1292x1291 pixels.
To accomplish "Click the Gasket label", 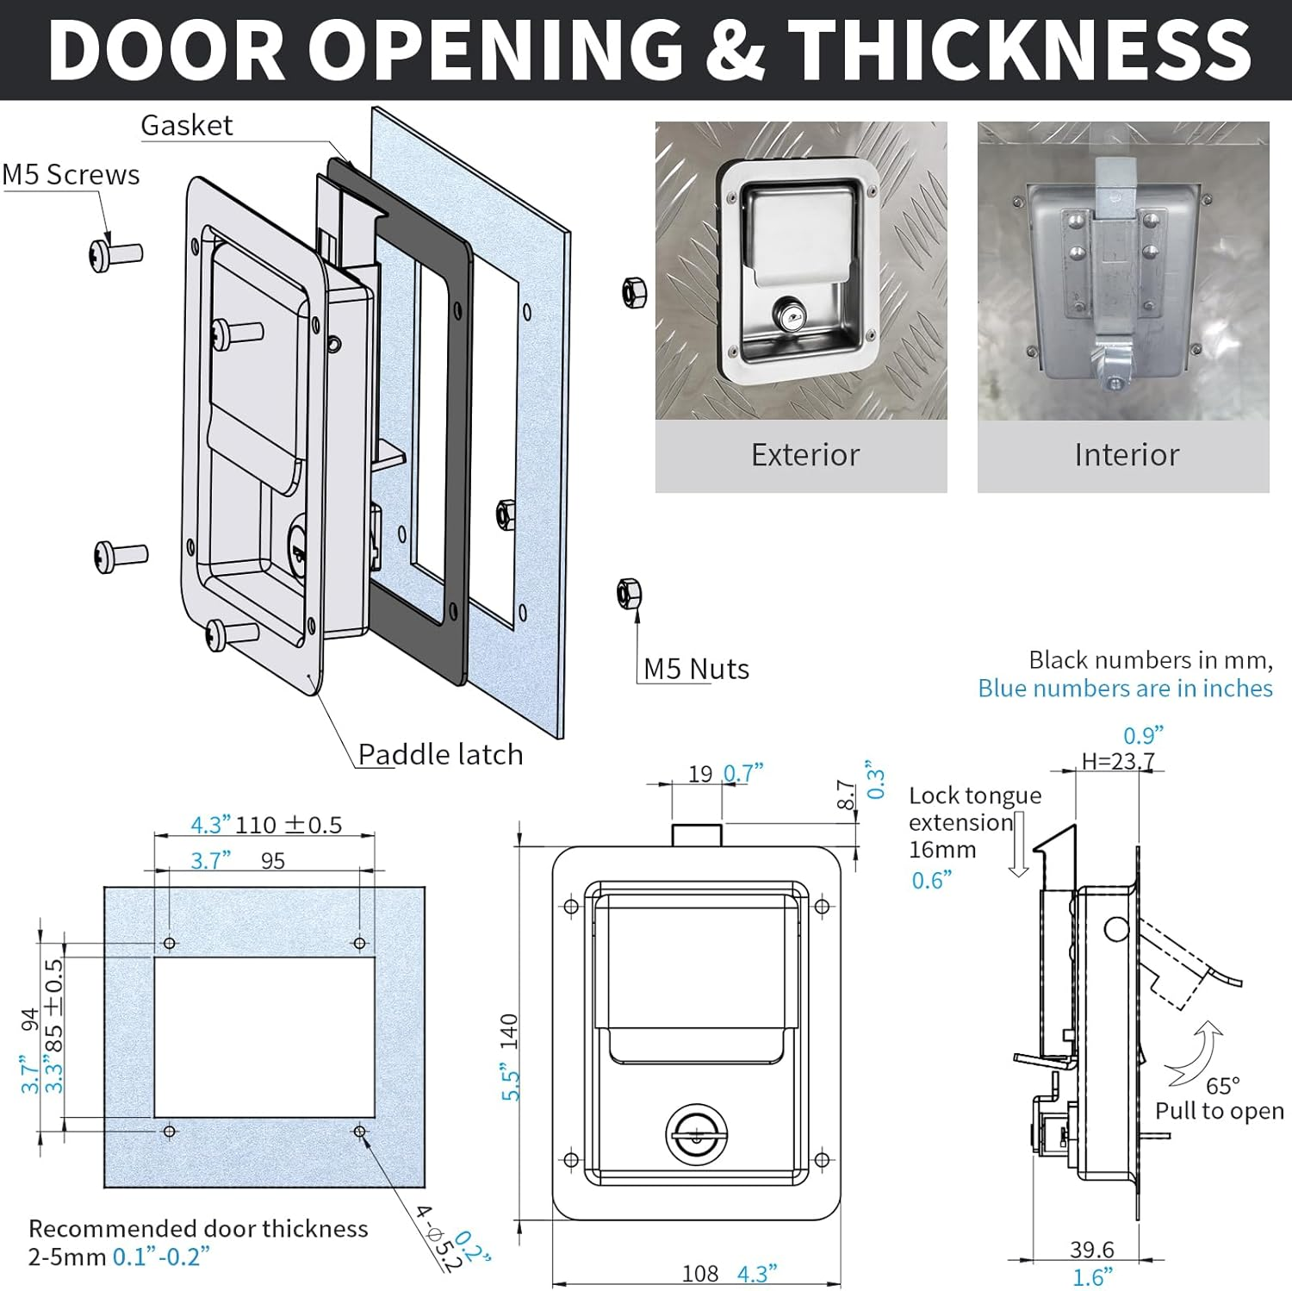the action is click(186, 126).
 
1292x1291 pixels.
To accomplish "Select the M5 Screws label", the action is click(71, 175).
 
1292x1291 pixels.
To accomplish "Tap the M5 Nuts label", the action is click(696, 669).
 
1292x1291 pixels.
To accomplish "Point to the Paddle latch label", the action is click(440, 754).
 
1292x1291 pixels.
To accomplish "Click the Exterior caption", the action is click(805, 455).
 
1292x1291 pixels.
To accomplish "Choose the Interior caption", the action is click(1127, 455).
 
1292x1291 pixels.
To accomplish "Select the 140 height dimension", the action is click(509, 1032).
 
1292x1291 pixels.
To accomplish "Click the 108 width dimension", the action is click(700, 1273).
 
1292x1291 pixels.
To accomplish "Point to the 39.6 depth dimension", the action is click(1092, 1249).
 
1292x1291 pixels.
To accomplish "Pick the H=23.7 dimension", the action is click(1118, 762).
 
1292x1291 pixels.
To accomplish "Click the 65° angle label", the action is click(1222, 1085).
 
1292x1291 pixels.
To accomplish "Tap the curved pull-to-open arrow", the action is click(1204, 1053).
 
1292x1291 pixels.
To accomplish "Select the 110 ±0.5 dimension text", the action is click(289, 825).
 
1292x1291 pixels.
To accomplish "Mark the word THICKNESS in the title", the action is click(1019, 50).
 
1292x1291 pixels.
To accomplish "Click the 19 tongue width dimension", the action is click(700, 774).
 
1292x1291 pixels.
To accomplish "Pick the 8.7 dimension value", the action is click(846, 795).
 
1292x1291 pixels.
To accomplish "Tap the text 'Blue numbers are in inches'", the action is click(1125, 689).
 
